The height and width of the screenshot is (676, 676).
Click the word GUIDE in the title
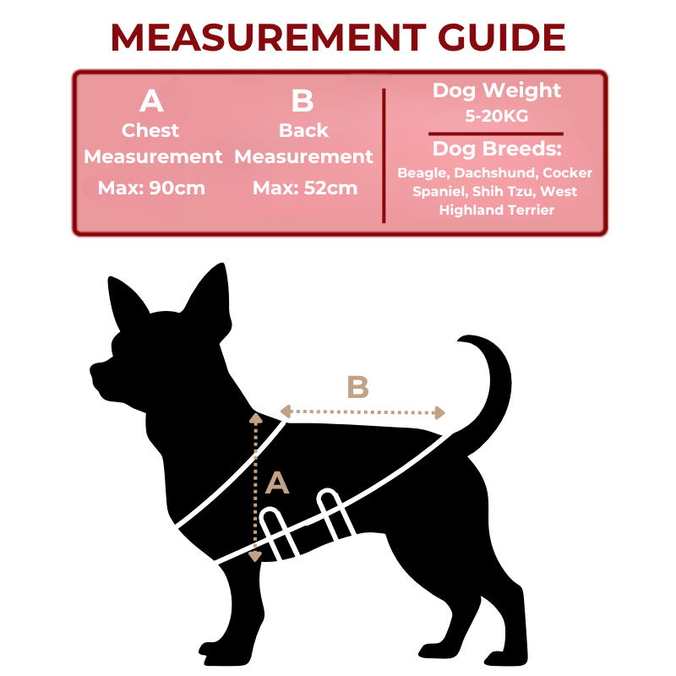(501, 37)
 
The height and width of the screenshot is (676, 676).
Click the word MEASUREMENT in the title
(269, 37)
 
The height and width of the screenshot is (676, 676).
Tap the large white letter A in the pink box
(151, 101)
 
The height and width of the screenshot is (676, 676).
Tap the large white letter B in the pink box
(303, 101)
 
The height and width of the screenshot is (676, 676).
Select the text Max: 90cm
(151, 188)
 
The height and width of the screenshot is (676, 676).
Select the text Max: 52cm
(305, 188)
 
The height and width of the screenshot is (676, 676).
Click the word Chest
(150, 130)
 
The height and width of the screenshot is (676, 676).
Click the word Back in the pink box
(303, 130)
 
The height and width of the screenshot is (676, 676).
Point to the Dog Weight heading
(497, 91)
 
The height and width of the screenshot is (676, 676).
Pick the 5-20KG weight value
(497, 116)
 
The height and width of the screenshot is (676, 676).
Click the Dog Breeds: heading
(497, 149)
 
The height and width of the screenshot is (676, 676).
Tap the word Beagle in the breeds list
(423, 173)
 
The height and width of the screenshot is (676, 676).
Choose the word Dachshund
(496, 173)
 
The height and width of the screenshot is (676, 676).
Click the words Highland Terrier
(497, 210)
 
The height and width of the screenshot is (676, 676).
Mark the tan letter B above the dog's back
(357, 387)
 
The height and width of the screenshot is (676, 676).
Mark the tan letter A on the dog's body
(277, 482)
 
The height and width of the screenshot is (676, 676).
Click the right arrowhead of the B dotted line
(439, 412)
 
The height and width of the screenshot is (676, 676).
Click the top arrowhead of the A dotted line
(256, 418)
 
